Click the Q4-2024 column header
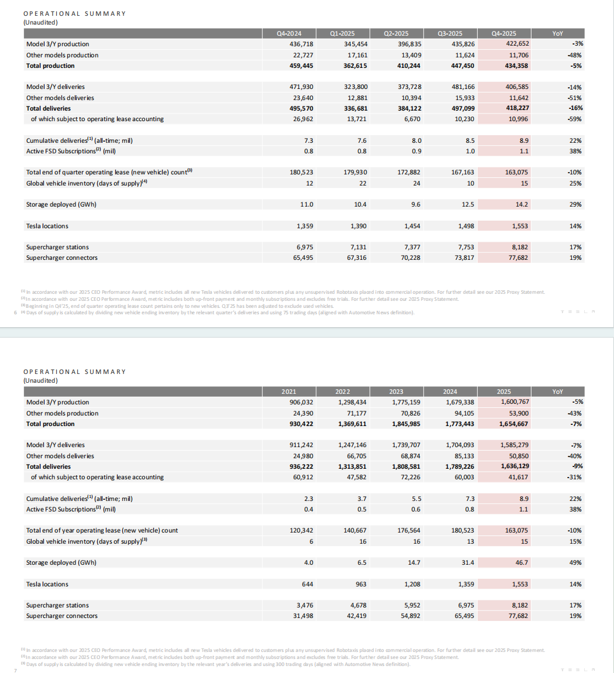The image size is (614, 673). click(289, 33)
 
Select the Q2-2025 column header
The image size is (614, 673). click(396, 33)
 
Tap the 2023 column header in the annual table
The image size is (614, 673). click(396, 392)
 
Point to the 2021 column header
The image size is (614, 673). click(289, 392)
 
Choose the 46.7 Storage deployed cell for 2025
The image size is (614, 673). click(520, 562)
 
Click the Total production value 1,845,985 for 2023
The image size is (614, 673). click(406, 424)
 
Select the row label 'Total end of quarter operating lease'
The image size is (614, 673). click(109, 173)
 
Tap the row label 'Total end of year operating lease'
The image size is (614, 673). click(102, 530)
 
